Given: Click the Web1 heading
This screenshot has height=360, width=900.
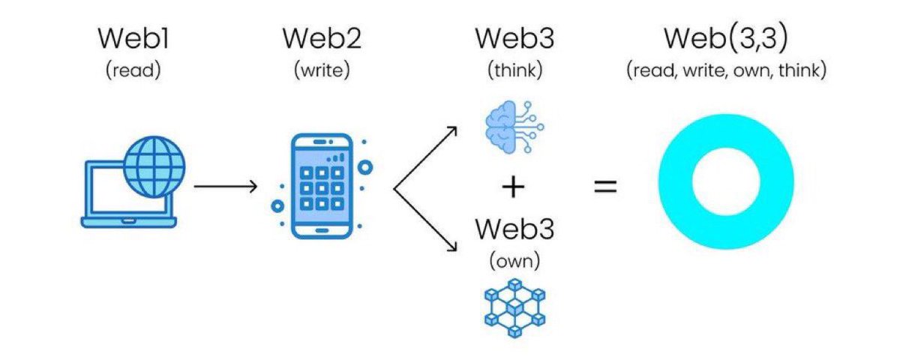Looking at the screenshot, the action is (x=133, y=38).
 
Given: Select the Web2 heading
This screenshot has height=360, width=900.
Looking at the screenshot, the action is (x=322, y=38).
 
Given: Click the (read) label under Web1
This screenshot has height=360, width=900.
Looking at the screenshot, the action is (x=133, y=70).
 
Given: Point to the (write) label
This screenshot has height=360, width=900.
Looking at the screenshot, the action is (x=322, y=70).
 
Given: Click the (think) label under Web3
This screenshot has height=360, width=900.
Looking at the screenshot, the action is (x=514, y=70).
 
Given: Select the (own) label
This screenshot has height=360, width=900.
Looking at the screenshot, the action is (x=514, y=261).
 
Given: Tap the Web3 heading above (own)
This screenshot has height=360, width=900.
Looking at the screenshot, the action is (x=514, y=229).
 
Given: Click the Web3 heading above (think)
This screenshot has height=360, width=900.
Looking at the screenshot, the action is (x=514, y=38).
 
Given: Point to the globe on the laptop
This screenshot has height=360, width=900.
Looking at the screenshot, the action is (x=154, y=166).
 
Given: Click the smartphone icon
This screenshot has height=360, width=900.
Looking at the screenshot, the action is (x=322, y=187).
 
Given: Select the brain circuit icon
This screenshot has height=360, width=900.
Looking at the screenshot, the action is (x=514, y=127).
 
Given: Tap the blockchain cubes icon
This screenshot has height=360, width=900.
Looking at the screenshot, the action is (x=514, y=308).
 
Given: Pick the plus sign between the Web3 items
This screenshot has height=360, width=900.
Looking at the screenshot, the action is (x=513, y=187).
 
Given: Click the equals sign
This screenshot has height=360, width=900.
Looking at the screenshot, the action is (x=605, y=187).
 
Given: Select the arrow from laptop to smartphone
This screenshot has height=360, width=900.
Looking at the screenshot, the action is (x=226, y=187).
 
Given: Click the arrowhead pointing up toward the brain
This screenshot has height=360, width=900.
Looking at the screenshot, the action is (x=453, y=130).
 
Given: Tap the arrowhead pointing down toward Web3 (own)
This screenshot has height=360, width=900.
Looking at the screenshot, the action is (x=453, y=247).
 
